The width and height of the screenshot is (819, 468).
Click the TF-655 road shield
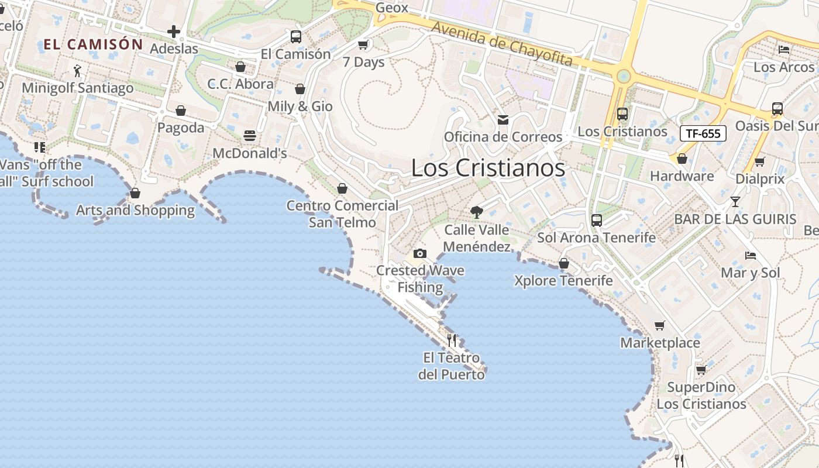click(703, 133)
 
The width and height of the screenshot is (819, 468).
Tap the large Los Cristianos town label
click(488, 168)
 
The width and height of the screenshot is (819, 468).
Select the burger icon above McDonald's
click(250, 136)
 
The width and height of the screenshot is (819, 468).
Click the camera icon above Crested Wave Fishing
click(419, 253)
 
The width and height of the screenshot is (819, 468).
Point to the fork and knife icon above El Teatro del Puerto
click(452, 340)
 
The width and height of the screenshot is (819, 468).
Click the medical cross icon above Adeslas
click(173, 32)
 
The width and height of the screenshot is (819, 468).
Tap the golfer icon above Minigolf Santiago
click(78, 71)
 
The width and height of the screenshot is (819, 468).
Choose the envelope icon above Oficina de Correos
click(503, 120)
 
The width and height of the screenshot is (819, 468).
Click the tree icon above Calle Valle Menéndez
click(477, 212)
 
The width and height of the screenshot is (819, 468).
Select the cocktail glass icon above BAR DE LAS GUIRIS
click(735, 202)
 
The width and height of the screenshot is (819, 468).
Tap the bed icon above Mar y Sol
click(751, 255)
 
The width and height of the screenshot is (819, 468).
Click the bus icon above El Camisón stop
click(296, 37)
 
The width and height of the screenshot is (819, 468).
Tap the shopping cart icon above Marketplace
click(660, 325)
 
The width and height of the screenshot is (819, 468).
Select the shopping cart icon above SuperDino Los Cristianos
click(701, 370)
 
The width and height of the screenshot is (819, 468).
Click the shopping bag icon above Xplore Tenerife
click(564, 263)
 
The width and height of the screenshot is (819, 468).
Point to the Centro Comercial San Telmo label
click(342, 214)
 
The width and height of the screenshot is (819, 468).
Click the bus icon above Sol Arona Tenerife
click(597, 220)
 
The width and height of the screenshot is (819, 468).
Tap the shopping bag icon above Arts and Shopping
click(135, 193)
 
